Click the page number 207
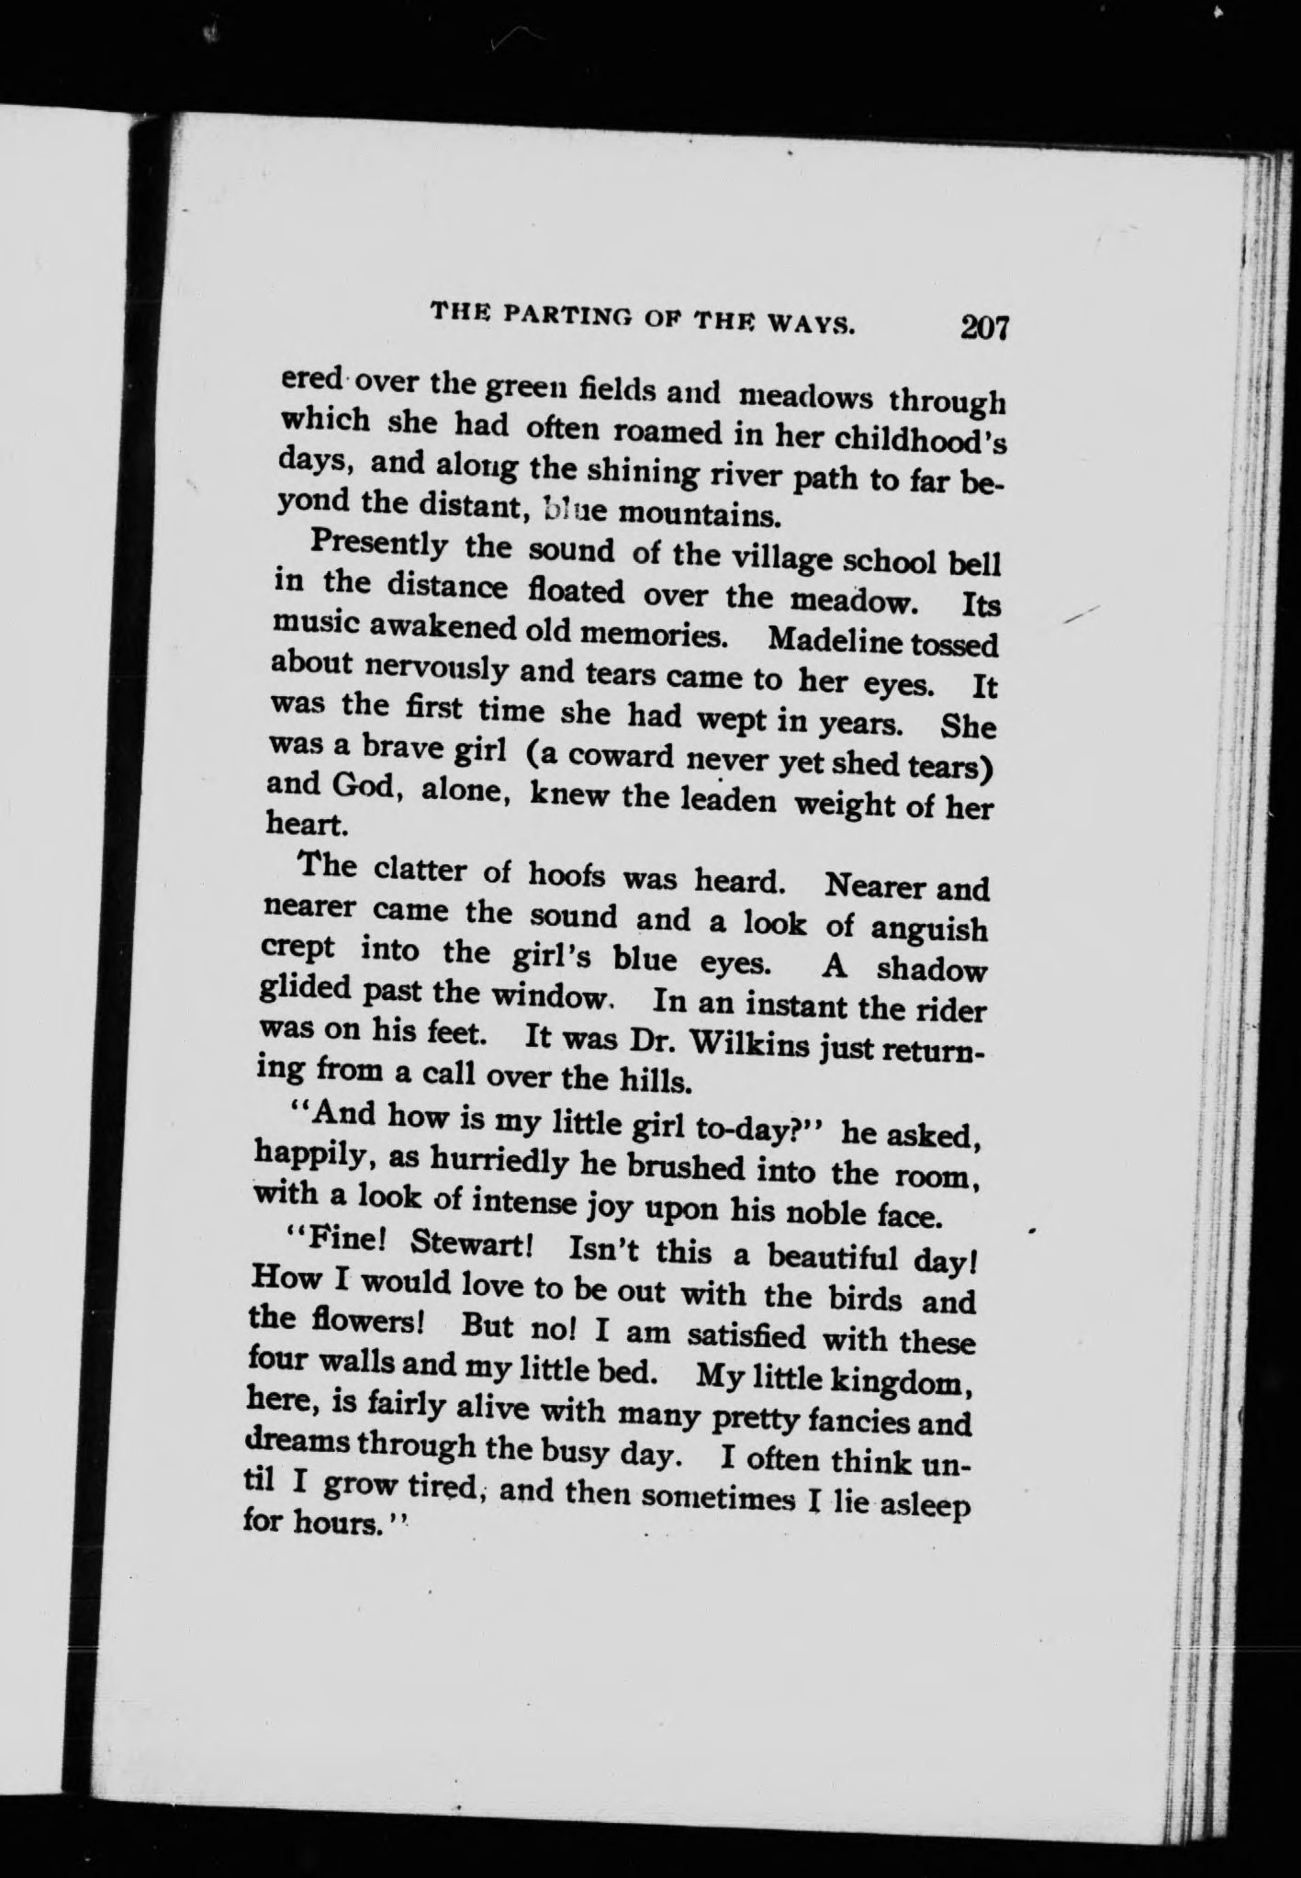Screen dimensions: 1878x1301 click(984, 328)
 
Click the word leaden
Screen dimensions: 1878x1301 click(731, 798)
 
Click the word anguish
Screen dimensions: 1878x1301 click(927, 928)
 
